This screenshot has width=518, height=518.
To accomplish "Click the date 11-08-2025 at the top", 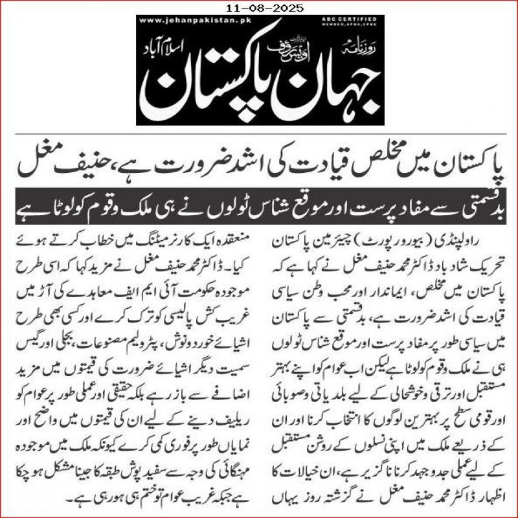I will point(259,8).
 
